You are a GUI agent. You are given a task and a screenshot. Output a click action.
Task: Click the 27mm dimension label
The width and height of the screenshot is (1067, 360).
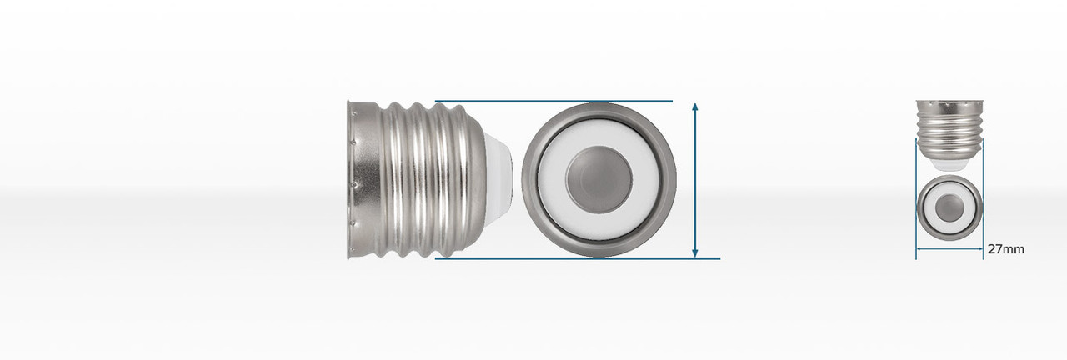point(1005,249)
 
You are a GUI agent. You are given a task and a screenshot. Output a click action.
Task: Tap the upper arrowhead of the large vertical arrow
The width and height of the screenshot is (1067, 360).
point(695,107)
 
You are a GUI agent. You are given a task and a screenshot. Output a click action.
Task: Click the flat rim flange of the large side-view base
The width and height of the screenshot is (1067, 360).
point(351,179)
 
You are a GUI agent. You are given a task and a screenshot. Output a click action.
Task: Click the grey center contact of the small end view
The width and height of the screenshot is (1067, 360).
point(949,207)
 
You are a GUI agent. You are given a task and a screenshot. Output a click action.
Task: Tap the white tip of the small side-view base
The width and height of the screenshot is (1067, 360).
point(949,164)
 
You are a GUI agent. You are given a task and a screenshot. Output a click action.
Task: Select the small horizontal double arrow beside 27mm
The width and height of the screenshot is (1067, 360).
point(949,248)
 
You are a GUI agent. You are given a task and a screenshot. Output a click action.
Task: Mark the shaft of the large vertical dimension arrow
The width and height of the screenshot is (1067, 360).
point(695,179)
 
